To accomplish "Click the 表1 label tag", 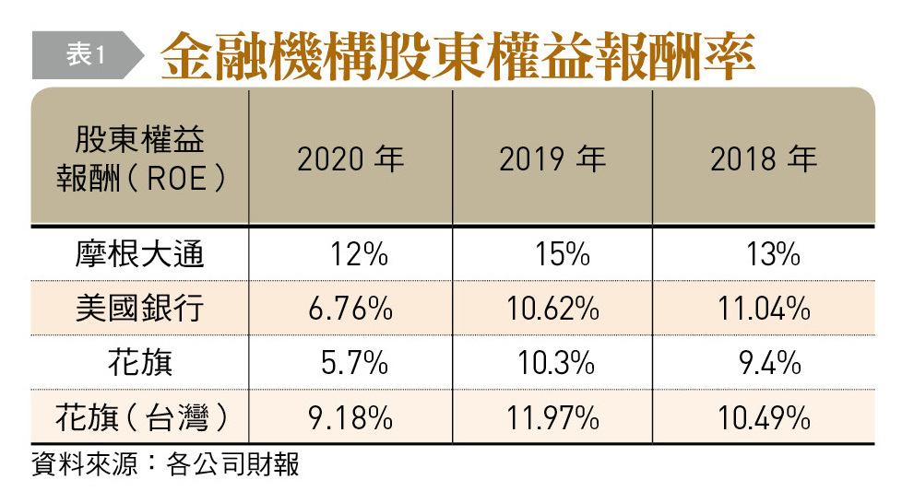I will (86, 56).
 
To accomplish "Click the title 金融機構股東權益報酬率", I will (458, 57).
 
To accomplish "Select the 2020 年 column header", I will (350, 159).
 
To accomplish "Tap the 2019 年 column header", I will (552, 159).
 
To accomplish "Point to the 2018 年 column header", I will (764, 159).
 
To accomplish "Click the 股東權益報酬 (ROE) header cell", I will (140, 158).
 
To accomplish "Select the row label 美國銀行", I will (140, 309).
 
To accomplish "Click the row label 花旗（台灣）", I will (140, 417).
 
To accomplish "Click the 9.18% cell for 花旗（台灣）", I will (350, 418).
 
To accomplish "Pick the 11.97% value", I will (552, 418).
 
